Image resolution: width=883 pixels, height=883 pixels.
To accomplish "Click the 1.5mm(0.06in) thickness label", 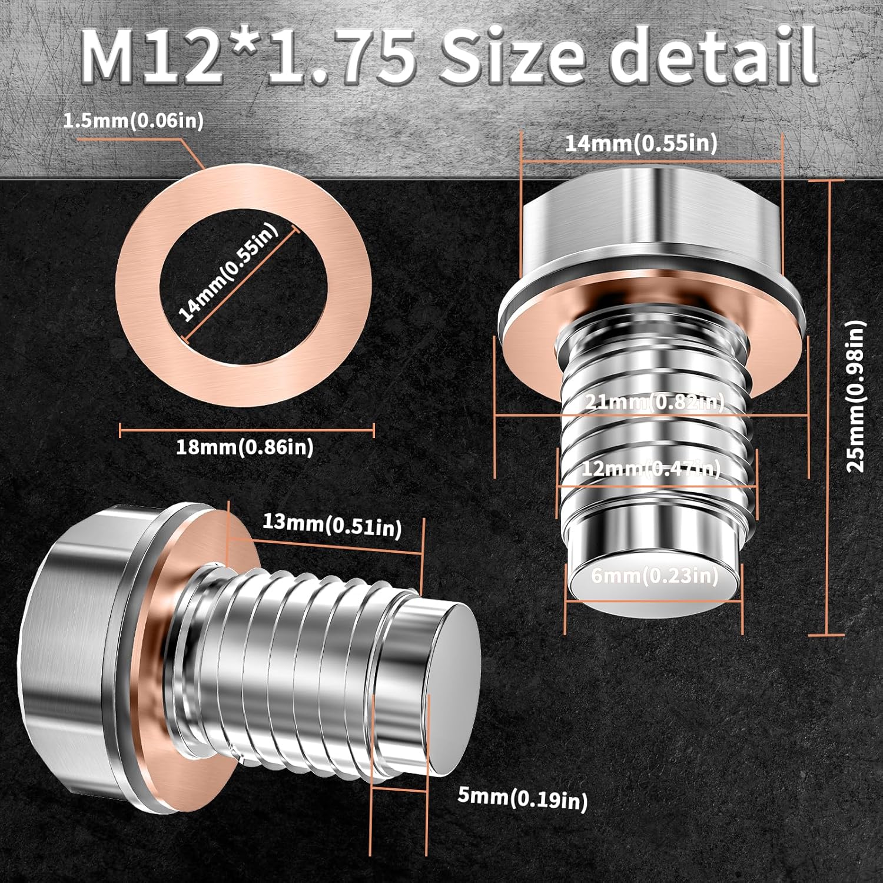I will tap(133, 121).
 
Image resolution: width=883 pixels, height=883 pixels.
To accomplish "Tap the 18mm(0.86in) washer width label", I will tap(244, 447).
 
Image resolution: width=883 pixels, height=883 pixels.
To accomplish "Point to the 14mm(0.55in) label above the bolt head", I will tap(641, 143).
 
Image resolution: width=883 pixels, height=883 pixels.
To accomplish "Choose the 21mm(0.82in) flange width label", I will tap(654, 402).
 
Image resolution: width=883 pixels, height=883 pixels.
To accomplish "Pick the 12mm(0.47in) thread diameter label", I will tap(650, 469).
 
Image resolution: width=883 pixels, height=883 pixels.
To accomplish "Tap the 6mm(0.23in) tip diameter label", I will tap(655, 575).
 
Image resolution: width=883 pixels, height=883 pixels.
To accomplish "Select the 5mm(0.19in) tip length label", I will tap(522, 798).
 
